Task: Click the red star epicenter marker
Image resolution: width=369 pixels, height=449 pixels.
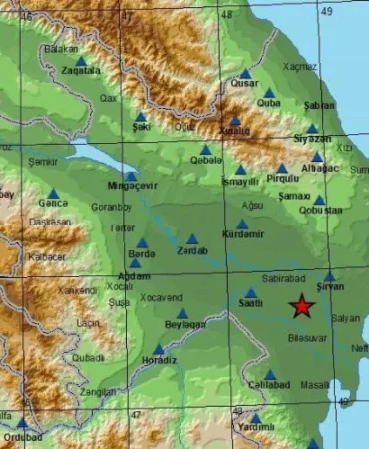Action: [301, 308]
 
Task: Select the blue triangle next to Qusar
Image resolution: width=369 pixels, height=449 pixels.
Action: [245, 73]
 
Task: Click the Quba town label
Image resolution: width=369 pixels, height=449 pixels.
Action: [269, 103]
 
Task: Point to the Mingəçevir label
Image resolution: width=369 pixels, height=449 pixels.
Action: [129, 187]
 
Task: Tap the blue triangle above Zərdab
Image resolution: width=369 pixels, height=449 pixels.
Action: [192, 239]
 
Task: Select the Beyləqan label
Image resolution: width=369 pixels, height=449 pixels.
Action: [185, 325]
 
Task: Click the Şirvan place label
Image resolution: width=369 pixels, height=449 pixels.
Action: [330, 288]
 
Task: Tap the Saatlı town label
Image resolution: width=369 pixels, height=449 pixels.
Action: [250, 305]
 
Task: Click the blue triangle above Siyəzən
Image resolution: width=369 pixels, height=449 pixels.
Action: [311, 129]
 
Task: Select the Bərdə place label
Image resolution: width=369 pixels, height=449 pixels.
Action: [141, 254]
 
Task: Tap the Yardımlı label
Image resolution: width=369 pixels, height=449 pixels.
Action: [254, 427]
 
